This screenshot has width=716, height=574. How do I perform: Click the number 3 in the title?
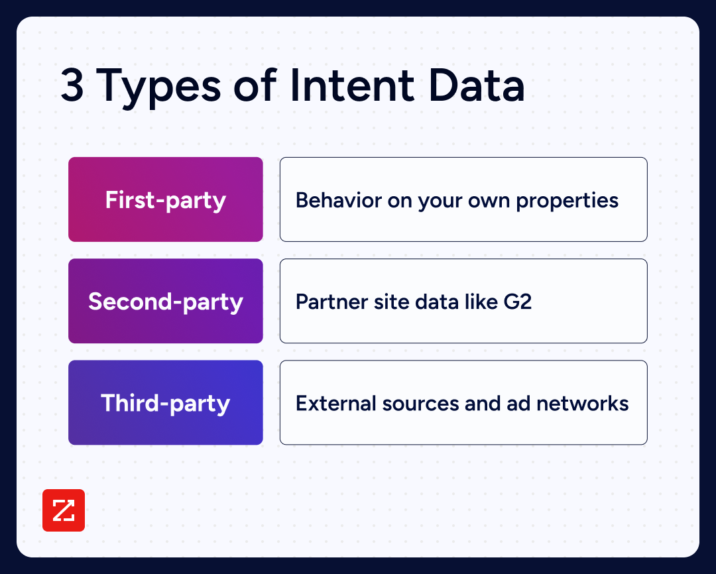click(x=72, y=87)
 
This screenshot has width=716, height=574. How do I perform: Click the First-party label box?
click(x=166, y=200)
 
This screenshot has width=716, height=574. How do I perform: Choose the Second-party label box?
click(x=166, y=301)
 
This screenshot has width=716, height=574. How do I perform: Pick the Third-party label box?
click(x=166, y=402)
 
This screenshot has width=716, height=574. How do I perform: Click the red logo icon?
click(x=64, y=510)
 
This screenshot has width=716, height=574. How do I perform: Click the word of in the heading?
click(x=252, y=87)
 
